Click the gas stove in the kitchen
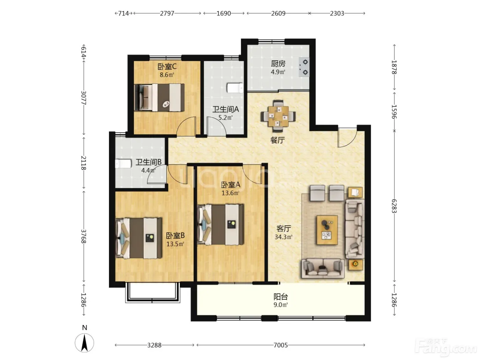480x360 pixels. [x=304, y=67]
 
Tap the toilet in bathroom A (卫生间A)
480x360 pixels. [x=235, y=88]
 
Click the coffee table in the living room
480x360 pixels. [x=327, y=230]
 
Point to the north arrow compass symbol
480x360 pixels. [x=84, y=343]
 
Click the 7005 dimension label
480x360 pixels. [x=280, y=345]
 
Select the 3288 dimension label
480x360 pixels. [x=154, y=345]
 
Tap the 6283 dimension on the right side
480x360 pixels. [x=394, y=206]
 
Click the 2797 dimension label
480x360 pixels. [x=167, y=13]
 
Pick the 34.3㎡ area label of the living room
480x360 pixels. [x=284, y=237]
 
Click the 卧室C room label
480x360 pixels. [x=167, y=67]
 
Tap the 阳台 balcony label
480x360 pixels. [x=280, y=297]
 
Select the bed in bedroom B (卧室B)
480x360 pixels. [x=139, y=238]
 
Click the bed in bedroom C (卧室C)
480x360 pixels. [x=159, y=97]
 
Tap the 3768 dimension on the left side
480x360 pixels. [x=84, y=236]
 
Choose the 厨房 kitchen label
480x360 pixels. [x=278, y=64]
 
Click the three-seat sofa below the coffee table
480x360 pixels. [x=323, y=269]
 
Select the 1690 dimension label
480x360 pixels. [x=224, y=13]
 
